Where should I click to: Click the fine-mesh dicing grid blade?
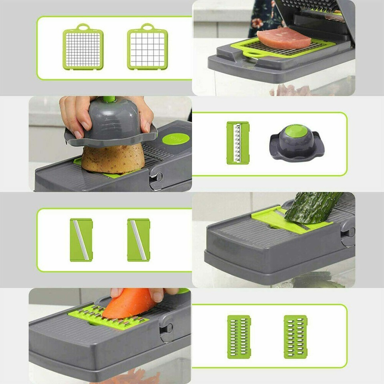pos(83,49)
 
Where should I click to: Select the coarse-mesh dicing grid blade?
pos(148,49)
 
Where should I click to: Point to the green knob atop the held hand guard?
pos(109,99)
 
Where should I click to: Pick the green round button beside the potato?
pos(176,139)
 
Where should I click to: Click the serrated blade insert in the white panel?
pos(238,143)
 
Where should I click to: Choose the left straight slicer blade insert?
pos(81,240)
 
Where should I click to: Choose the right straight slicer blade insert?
pos(138,240)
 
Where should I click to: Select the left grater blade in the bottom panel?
pos(239,336)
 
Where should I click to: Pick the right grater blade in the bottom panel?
pos(296,336)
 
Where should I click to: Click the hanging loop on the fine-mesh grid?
pos(83,27)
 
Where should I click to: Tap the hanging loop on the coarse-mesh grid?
pos(148,27)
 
